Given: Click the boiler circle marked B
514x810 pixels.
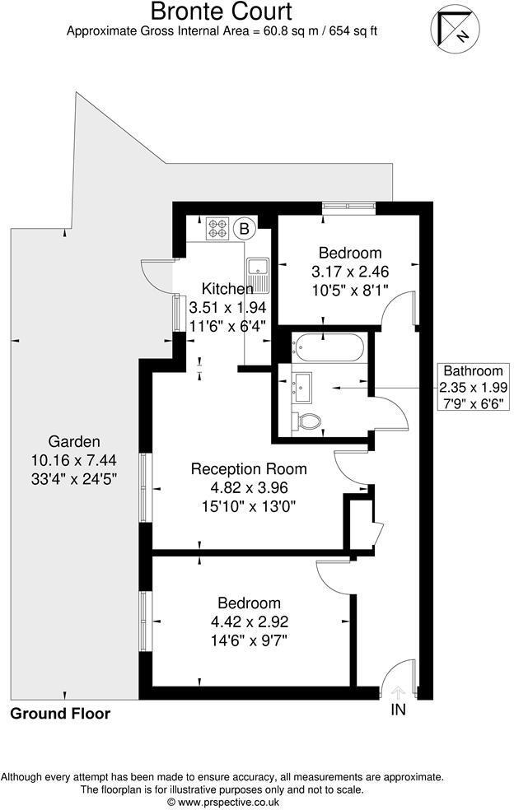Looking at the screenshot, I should pyautogui.click(x=245, y=228).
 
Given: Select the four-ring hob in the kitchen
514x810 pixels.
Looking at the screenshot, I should pyautogui.click(x=217, y=228).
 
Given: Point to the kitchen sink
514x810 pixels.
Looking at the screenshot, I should pyautogui.click(x=258, y=274).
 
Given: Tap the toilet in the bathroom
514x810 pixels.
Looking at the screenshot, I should pyautogui.click(x=306, y=421).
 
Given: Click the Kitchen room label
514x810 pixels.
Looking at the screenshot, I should pyautogui.click(x=227, y=289).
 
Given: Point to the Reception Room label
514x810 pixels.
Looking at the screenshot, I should pyautogui.click(x=249, y=469).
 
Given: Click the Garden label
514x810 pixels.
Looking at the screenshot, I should pyautogui.click(x=74, y=440).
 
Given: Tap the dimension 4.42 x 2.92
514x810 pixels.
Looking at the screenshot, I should pyautogui.click(x=249, y=621).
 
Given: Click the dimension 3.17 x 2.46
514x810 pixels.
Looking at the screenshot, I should pyautogui.click(x=350, y=271).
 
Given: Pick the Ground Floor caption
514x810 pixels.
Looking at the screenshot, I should pyautogui.click(x=60, y=713).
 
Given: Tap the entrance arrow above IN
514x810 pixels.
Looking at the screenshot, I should pyautogui.click(x=398, y=692).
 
